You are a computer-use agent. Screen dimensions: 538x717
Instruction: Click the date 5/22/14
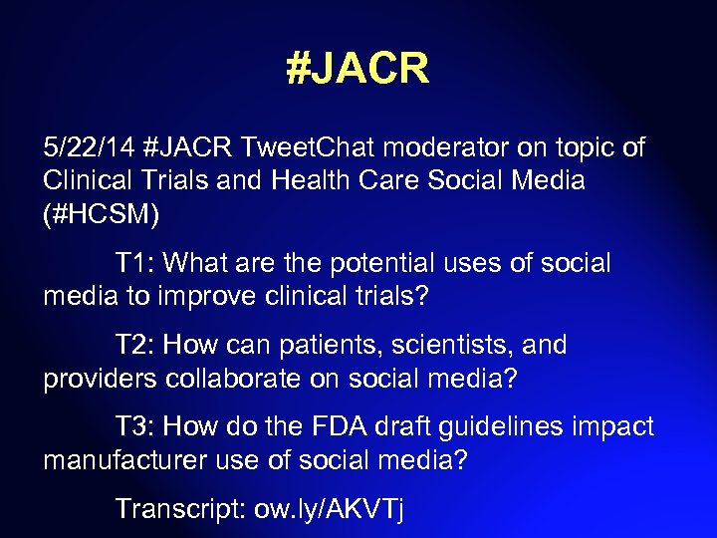[89, 149]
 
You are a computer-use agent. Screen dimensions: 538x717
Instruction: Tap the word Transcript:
[182, 509]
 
